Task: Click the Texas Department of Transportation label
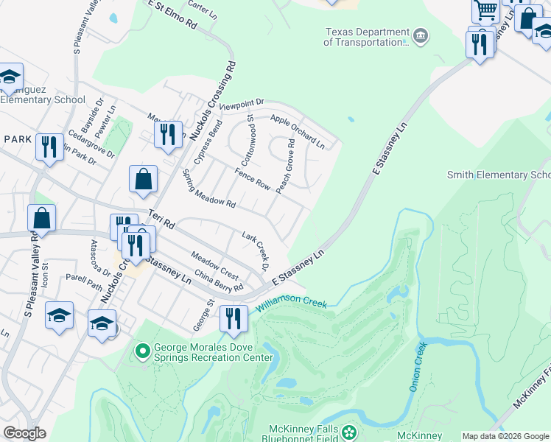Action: pos(366,37)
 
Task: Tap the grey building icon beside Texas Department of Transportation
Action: pos(421,35)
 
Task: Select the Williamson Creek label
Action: pos(291,304)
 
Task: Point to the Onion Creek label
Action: pos(418,366)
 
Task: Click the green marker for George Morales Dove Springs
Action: pos(143,352)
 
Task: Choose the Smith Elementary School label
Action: pos(499,175)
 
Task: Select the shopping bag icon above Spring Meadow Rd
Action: pos(143,179)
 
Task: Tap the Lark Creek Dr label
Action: pos(256,249)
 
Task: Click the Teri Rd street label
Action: pos(159,218)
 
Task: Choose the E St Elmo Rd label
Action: pos(172,15)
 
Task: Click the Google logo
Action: pos(24,432)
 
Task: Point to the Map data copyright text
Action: pos(505,436)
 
